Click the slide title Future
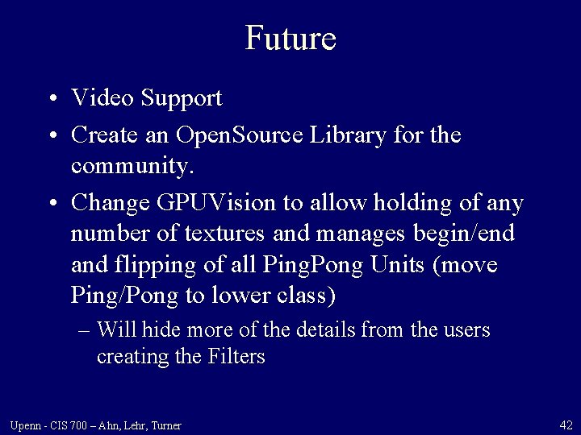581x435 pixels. point(290,38)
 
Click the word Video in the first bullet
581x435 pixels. point(102,98)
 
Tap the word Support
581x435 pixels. point(182,100)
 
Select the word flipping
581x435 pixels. point(163,266)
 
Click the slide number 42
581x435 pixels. point(565,425)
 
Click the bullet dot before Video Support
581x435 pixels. point(52,100)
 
